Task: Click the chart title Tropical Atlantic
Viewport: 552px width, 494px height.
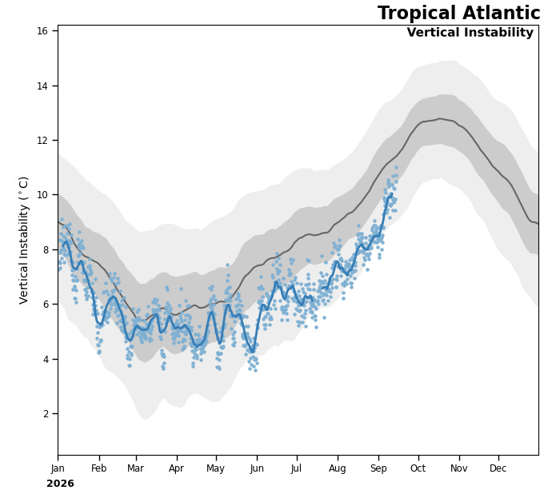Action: [458, 13]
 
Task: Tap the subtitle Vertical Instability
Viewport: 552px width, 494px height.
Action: [470, 32]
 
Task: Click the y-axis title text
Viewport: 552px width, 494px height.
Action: [23, 241]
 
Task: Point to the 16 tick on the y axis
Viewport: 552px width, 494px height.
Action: [42, 31]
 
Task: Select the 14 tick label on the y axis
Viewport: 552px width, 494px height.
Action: [42, 86]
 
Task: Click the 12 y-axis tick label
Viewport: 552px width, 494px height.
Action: [42, 141]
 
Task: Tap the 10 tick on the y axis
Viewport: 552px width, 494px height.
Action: [42, 195]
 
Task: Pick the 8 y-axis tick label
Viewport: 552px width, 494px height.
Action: [46, 250]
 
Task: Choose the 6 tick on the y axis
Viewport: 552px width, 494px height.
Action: [46, 305]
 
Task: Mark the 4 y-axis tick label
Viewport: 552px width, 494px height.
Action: [46, 359]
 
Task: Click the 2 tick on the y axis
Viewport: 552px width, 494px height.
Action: [46, 414]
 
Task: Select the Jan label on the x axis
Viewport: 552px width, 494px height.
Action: [58, 468]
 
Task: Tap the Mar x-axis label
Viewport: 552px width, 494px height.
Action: [135, 468]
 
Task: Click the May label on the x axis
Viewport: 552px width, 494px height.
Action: [215, 469]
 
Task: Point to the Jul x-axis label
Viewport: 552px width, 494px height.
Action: [297, 468]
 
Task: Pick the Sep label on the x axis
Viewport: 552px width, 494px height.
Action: [378, 469]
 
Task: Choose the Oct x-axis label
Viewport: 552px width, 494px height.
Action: [418, 468]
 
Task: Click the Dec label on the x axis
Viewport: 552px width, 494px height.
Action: [498, 468]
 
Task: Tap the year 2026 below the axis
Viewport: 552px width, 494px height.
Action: [60, 484]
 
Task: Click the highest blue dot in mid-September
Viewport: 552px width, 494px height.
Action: [396, 168]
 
